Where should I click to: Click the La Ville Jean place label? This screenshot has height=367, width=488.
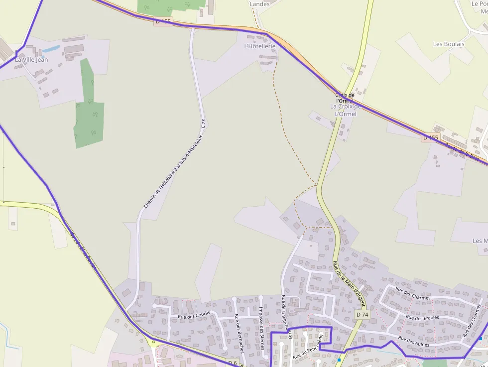click(x=31, y=60)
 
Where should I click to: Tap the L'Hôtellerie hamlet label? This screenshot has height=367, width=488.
click(x=259, y=46)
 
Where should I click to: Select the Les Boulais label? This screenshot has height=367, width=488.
click(x=448, y=44)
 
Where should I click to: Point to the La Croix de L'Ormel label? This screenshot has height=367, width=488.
click(x=343, y=110)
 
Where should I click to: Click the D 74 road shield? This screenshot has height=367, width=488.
click(x=362, y=315)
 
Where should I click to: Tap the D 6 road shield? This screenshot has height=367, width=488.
click(x=232, y=362)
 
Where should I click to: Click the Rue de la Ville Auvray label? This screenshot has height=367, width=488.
click(x=286, y=314)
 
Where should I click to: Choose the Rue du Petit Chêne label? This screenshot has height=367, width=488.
click(x=308, y=347)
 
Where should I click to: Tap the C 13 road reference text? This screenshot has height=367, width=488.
click(x=203, y=124)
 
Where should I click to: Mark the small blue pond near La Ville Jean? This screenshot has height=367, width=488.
click(x=51, y=49)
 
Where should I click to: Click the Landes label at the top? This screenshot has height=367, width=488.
click(x=259, y=4)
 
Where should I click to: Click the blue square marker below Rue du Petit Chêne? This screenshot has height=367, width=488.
click(x=339, y=360)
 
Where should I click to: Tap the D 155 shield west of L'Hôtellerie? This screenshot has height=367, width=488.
click(x=163, y=21)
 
